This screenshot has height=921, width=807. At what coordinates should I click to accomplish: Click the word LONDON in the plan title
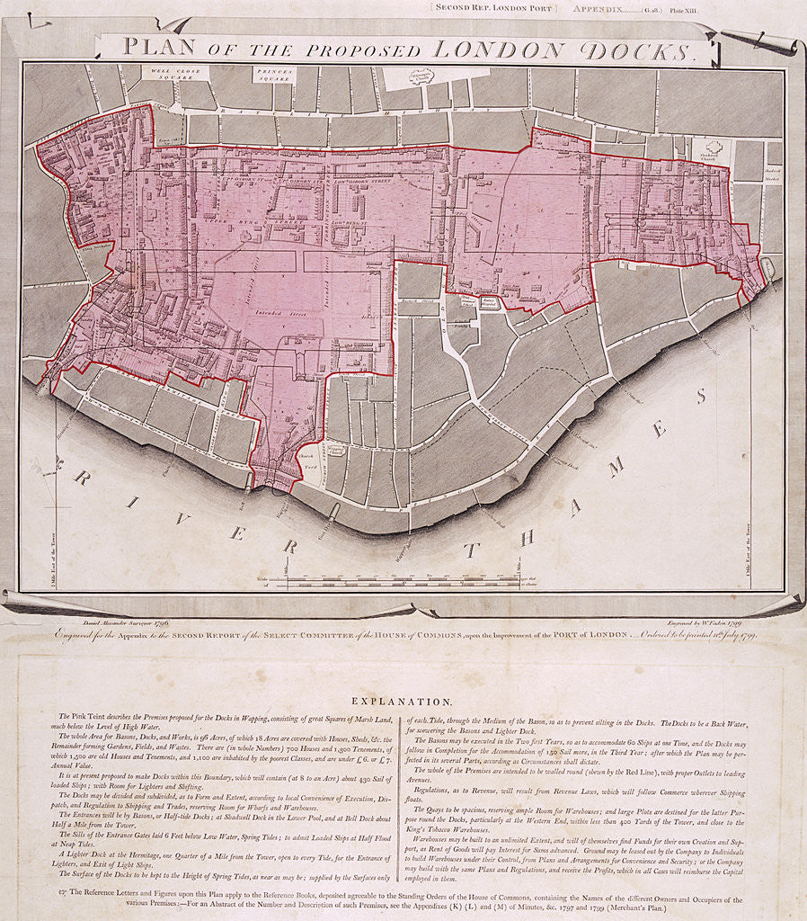pos(503,49)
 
